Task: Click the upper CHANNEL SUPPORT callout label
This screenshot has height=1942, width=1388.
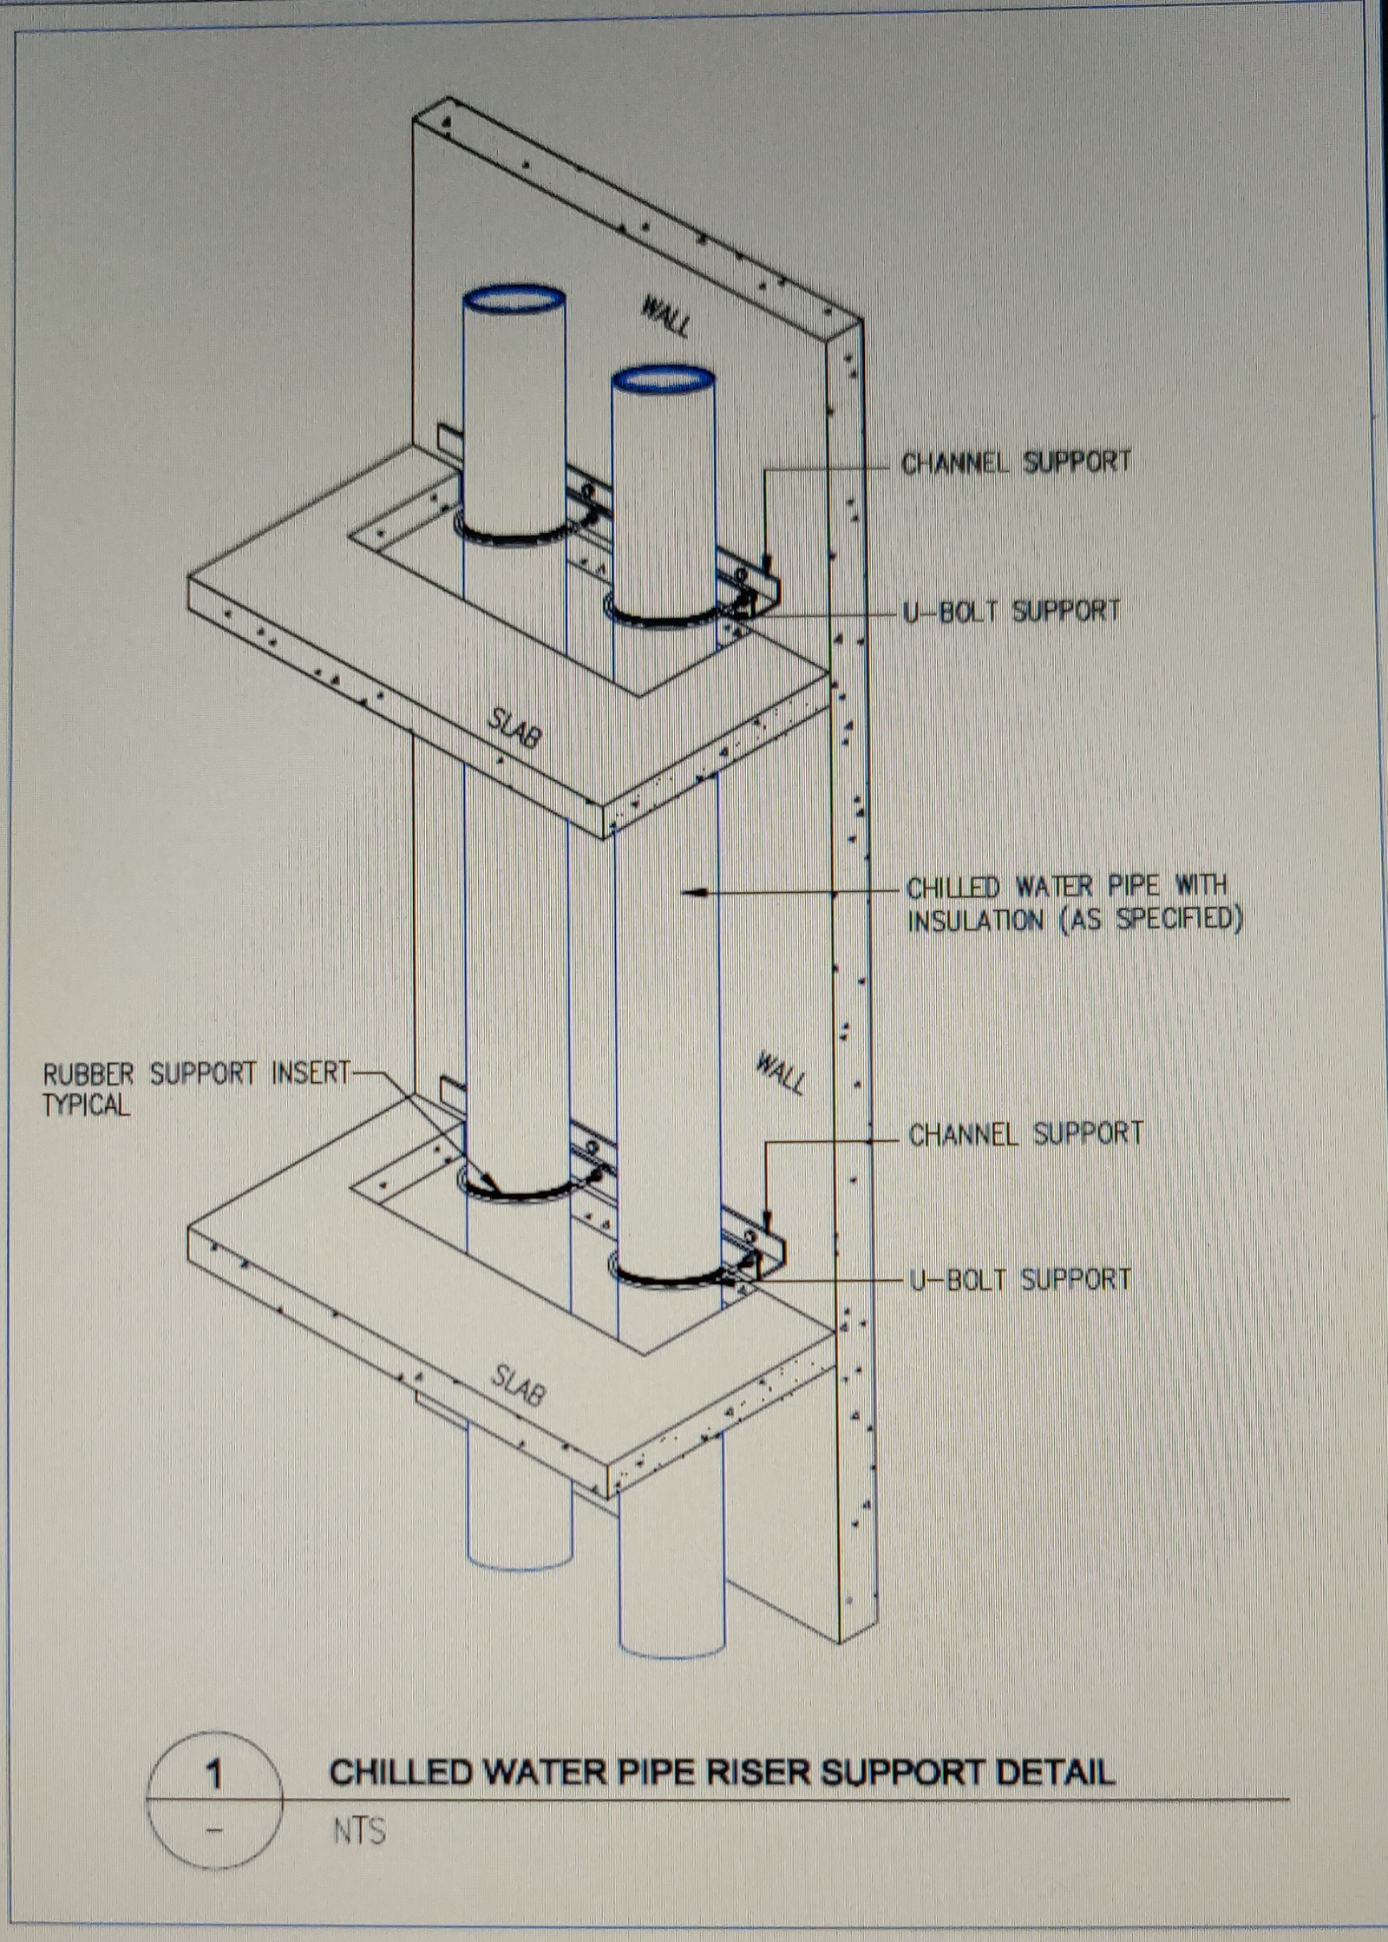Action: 1016,463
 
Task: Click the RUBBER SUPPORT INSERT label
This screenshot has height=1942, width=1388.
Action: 195,1074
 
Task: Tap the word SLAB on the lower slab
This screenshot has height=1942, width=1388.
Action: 518,1386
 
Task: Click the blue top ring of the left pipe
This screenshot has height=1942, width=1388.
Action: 514,299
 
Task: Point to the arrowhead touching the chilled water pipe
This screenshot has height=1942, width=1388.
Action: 689,890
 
